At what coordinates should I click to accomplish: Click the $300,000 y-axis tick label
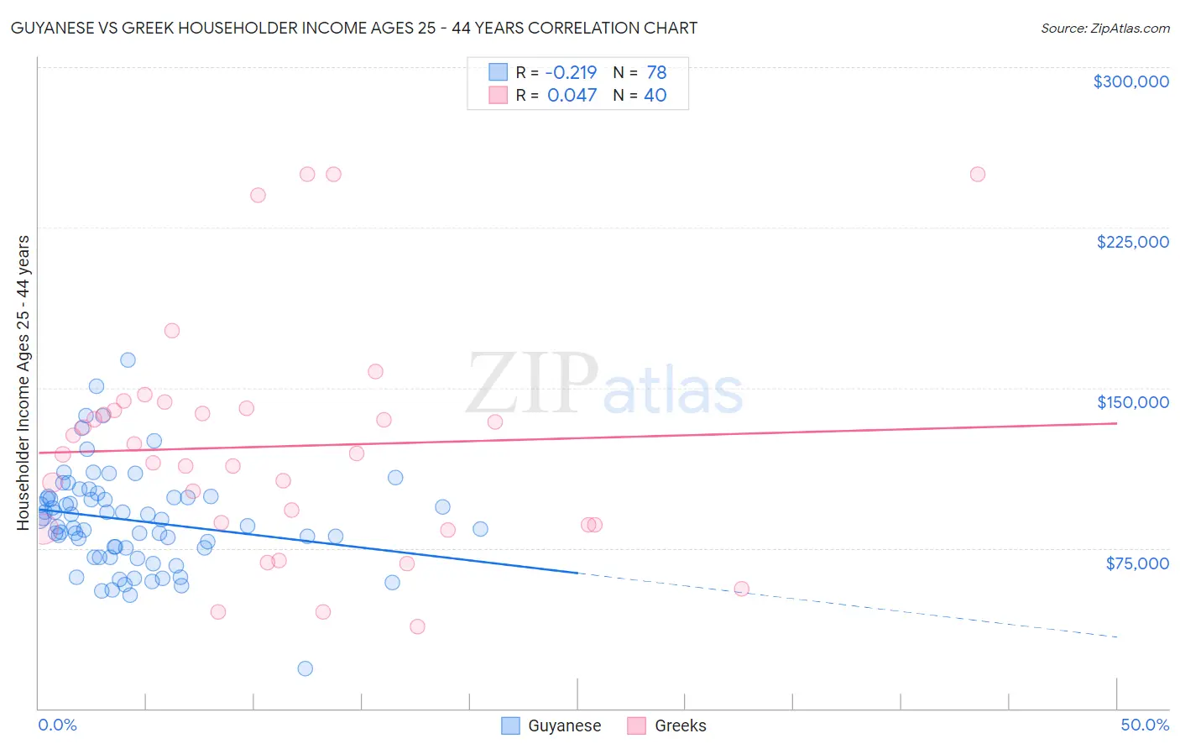coord(1130,81)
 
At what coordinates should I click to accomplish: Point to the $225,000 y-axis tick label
coord(1132,242)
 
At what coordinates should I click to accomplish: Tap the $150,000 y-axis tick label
coord(1132,402)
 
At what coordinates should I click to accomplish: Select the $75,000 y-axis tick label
coord(1136,563)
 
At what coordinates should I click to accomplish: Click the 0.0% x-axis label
coord(57,725)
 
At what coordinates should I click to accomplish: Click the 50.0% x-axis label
coord(1145,725)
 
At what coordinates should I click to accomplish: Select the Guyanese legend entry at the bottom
coord(551,725)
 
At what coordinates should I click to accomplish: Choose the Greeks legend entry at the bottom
coord(667,725)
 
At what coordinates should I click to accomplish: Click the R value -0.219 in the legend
coord(572,73)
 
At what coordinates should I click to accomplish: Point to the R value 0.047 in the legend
coord(572,96)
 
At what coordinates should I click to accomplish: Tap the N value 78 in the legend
coord(656,73)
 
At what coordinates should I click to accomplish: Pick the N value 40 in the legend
coord(655,96)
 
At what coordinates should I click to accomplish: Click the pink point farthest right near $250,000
coord(977,175)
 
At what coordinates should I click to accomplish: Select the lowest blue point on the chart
coord(305,668)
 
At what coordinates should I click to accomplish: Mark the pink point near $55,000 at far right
coord(741,589)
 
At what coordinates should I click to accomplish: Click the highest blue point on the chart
coord(128,360)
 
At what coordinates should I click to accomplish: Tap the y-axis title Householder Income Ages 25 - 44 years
coord(23,383)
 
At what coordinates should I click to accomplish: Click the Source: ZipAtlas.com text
coord(1104,29)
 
